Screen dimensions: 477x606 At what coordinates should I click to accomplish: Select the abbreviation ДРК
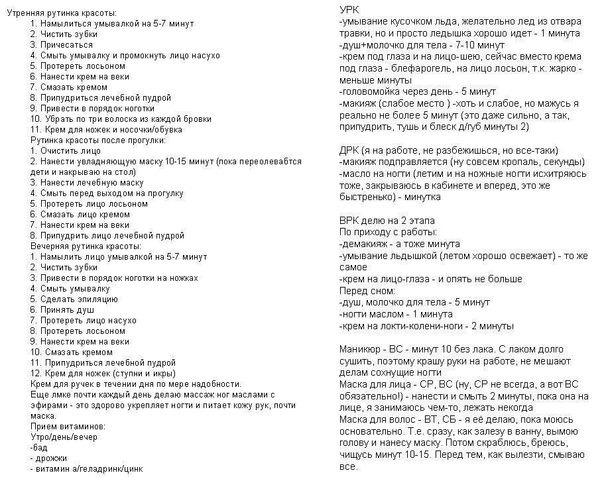point(349,150)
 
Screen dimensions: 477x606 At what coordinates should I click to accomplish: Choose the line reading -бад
point(42,447)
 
